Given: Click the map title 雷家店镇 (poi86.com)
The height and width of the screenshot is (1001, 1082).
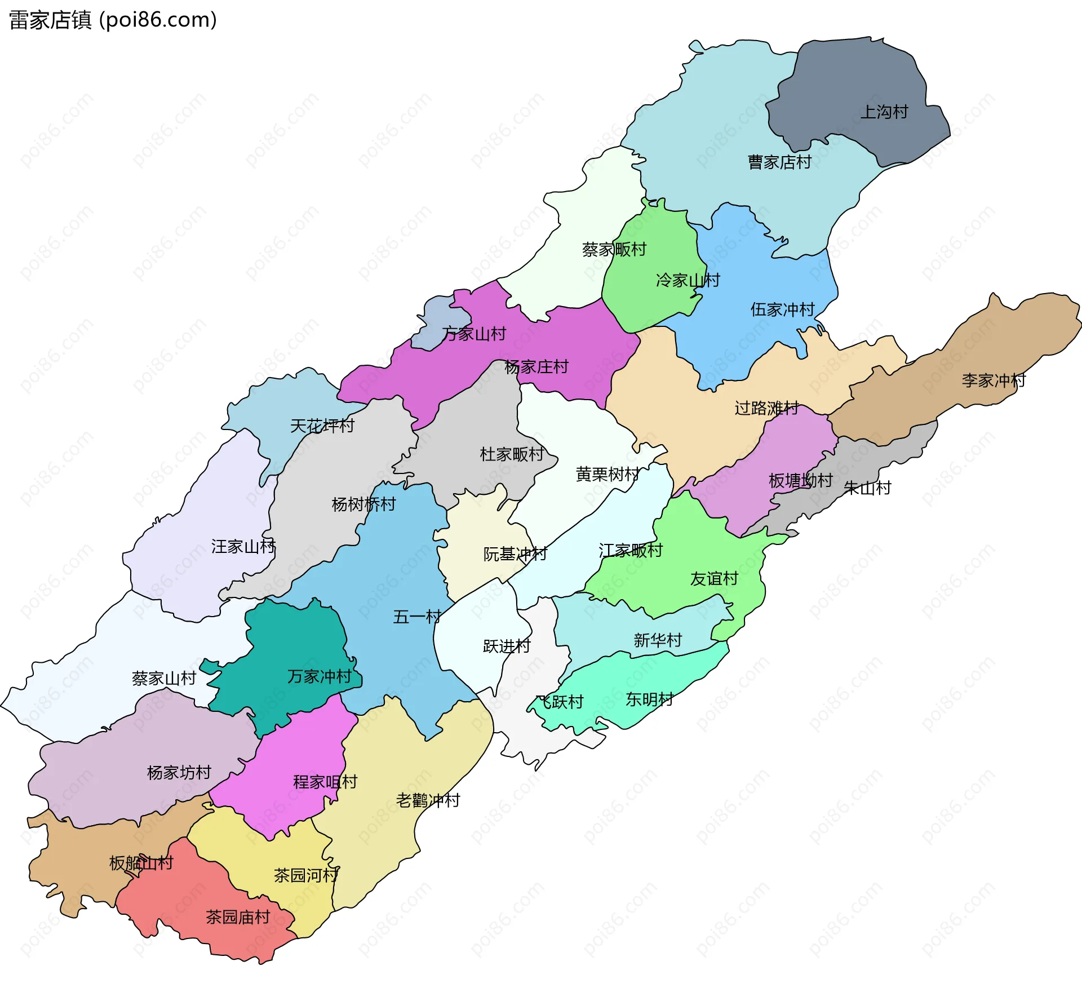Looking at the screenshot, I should coord(113,20).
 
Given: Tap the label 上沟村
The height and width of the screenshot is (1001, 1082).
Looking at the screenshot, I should coord(884,112).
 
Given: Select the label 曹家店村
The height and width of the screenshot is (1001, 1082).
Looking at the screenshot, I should coord(779,162).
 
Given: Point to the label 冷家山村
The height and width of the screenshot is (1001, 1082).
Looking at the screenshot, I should coord(688,280).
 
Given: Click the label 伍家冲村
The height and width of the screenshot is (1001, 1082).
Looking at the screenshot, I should coord(782,309).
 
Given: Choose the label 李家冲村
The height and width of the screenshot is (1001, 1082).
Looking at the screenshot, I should coord(994,380).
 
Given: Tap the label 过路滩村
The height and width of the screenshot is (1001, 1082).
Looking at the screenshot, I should coord(766,408).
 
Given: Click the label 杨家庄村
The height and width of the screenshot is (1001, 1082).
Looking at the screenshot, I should coord(536,367).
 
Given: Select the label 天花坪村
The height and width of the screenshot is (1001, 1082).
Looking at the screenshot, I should coord(322,426).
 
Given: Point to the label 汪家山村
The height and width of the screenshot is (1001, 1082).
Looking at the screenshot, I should coord(243,546).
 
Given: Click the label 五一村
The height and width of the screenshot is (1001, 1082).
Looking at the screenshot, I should coord(417,617).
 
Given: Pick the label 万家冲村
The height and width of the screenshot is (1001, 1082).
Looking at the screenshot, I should coord(319,676).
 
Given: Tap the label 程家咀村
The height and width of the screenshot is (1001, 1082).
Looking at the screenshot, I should coord(325,782).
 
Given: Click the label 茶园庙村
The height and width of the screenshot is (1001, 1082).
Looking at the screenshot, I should coord(238,917).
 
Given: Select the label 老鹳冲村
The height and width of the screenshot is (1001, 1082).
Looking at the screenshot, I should coord(428,800).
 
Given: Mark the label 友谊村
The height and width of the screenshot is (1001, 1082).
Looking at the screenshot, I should coord(714,579).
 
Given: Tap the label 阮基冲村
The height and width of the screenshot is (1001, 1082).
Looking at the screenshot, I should coord(515,554).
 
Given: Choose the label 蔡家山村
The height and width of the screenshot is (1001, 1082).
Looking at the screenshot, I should coord(164,678).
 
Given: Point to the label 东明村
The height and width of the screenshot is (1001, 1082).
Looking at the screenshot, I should coord(649,699).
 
